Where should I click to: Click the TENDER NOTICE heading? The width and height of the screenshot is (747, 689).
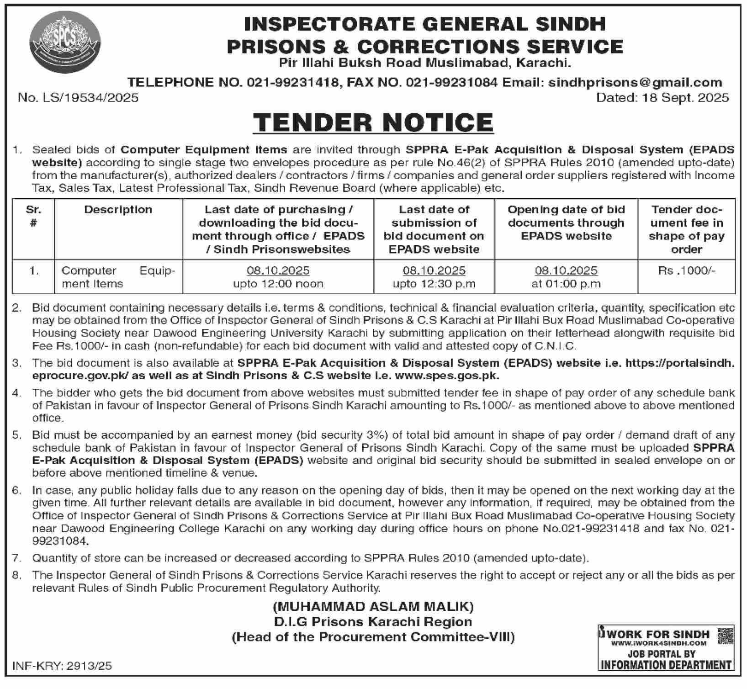[x=373, y=122]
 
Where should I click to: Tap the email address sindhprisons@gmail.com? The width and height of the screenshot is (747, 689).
[x=635, y=82]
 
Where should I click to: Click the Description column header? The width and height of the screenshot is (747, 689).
[x=118, y=210]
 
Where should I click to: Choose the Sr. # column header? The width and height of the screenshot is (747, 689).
[x=33, y=216]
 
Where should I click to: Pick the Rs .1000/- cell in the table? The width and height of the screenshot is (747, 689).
[x=686, y=270]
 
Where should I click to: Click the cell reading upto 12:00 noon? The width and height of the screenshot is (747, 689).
[x=278, y=284]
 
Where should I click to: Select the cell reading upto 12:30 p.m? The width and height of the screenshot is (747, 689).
[x=434, y=284]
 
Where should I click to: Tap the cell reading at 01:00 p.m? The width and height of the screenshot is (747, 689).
[x=566, y=284]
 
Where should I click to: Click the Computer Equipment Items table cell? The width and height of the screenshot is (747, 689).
[x=118, y=277]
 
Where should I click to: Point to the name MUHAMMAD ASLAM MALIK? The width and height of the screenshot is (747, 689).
[x=373, y=607]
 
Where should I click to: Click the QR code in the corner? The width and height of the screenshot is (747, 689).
[x=726, y=636]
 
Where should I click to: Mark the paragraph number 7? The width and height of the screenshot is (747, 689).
[x=17, y=558]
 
